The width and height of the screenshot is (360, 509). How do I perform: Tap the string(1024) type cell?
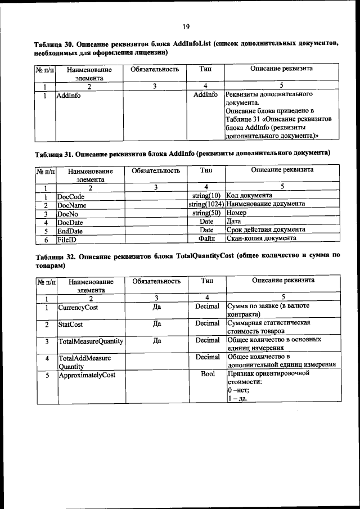[x=206, y=204]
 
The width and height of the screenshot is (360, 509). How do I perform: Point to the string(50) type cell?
[x=206, y=213]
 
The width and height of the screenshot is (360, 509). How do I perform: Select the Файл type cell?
[x=206, y=238]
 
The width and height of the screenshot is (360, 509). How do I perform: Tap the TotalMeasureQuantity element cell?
[x=91, y=341]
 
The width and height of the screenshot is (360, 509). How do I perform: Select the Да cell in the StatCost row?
[x=157, y=324]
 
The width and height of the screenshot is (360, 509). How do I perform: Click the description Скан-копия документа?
[x=261, y=238]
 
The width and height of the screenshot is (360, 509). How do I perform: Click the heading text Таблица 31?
[x=53, y=153]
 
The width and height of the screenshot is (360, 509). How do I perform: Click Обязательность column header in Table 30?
[x=155, y=70]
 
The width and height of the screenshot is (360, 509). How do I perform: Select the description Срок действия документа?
[x=265, y=230]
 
